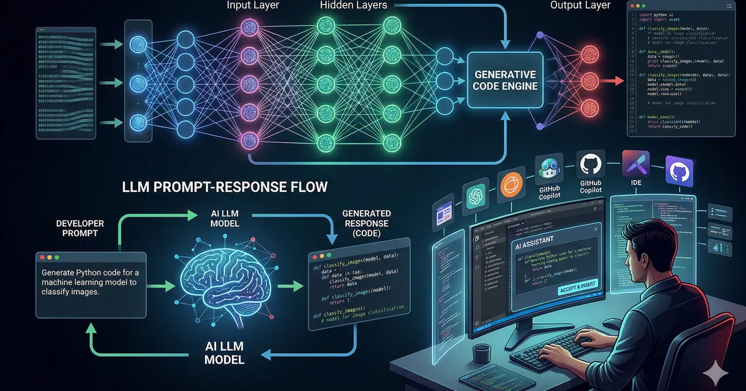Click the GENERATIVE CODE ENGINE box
[504, 80]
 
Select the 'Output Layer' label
[580, 6]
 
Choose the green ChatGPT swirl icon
[476, 197]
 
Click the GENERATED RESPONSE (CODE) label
[366, 223]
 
